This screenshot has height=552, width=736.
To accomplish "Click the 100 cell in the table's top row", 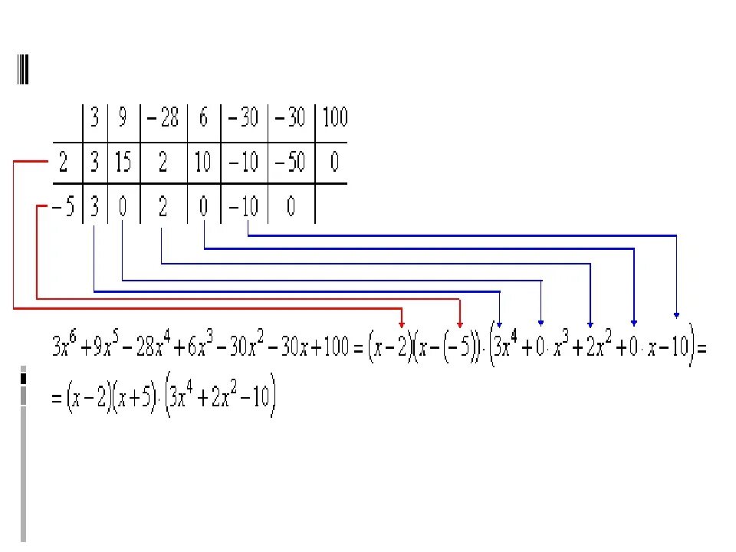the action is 334,117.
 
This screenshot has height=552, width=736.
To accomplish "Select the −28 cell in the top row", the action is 163,117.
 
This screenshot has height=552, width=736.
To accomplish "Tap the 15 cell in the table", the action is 122,163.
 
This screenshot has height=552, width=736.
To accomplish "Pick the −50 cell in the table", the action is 290,163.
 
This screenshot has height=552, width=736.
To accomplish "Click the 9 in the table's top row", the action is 122,117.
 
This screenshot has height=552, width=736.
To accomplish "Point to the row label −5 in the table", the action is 63,208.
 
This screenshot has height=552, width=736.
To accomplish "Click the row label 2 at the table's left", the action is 63,163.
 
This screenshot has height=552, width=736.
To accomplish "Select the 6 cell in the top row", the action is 203,117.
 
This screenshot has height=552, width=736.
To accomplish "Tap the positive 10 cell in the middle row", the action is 203,163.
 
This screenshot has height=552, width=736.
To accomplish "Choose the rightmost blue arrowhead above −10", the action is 676,313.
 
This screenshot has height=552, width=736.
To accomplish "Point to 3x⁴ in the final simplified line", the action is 185,399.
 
